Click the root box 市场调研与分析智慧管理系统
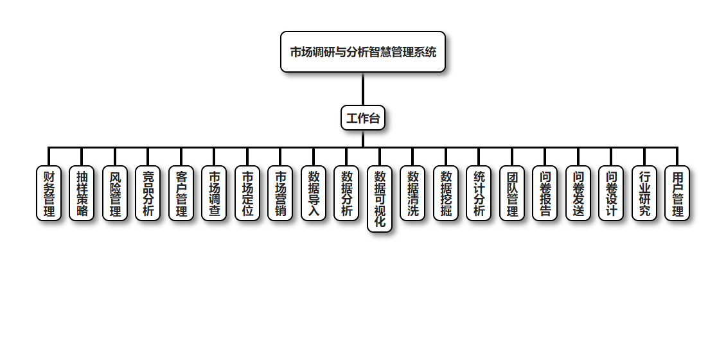pos(363,52)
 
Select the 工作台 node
pos(363,118)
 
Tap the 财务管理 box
pos(49,194)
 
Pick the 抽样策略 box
pos(82,194)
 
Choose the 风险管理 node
pos(115,194)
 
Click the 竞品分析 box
pos(148,194)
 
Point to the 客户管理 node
pos(181,194)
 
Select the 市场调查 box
pos(214,194)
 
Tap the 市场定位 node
pos(247,194)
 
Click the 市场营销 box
pos(280,194)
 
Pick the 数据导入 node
pos(314,194)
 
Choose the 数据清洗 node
pos(412,194)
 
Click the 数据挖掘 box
pos(446,194)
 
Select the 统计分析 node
pos(479,194)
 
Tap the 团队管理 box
pos(512,194)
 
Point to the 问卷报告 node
pos(545,194)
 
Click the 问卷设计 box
pos(611,194)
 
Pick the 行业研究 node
pos(644,194)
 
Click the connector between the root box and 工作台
pos(363,89)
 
